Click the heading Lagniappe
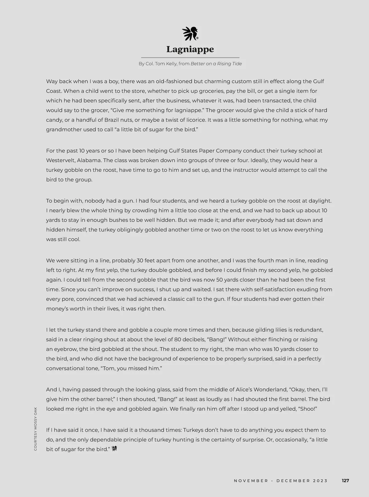pos(190,49)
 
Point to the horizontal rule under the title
pos(190,58)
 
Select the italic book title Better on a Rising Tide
pos(216,64)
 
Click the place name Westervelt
pos(61,161)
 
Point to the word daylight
pos(319,201)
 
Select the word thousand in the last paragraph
pos(156,430)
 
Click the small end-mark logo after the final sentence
pos(115,449)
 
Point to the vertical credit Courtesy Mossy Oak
pos(36,429)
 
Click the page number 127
pos(345,481)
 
